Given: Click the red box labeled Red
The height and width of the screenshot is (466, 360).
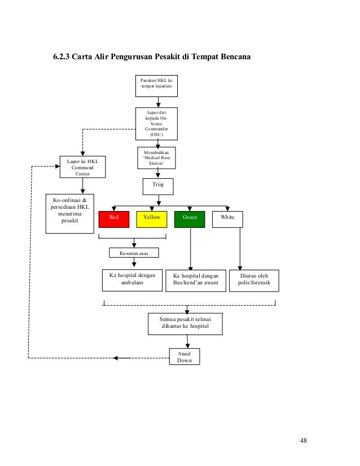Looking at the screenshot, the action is [114, 219].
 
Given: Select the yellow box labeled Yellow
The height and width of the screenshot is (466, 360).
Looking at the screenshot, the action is [152, 219].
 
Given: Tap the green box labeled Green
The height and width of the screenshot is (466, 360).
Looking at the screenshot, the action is [190, 219].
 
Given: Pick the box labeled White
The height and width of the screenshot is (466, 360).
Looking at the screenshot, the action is [227, 219].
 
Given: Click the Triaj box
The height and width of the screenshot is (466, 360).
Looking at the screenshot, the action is [158, 187].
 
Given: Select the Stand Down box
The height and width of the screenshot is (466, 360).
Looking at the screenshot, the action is [185, 357].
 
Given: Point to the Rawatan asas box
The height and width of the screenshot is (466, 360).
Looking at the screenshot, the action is [134, 253].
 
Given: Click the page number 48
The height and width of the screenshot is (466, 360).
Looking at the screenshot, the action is [303, 441].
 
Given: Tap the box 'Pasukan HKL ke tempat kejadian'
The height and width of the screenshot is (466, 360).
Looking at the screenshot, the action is [156, 86].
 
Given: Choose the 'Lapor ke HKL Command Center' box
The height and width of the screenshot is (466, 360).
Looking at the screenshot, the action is [82, 167].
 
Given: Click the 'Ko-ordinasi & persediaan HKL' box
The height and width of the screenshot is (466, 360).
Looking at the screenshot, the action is [70, 214].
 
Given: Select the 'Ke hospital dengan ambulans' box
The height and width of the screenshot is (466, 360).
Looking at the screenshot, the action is [132, 280].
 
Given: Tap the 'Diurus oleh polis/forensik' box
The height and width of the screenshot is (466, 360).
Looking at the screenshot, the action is [254, 280].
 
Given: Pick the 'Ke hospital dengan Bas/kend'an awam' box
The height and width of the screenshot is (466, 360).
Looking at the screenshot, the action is [196, 280].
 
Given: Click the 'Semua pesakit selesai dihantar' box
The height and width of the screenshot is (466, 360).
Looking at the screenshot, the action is [185, 324].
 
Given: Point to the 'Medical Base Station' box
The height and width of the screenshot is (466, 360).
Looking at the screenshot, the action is [156, 158].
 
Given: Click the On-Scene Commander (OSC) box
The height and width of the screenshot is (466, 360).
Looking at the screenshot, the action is [156, 124].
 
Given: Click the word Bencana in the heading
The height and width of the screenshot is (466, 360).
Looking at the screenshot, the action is [236, 56].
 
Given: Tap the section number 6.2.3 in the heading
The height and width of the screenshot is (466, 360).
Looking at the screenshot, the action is [62, 56].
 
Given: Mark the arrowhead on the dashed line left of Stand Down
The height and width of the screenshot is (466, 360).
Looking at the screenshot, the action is [116, 358].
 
